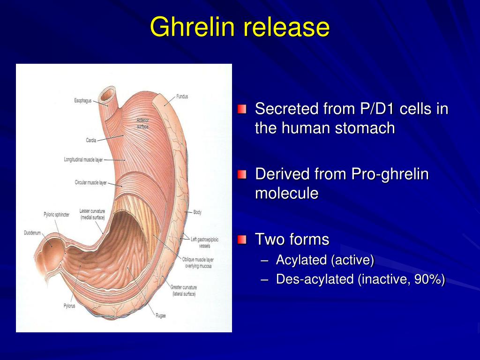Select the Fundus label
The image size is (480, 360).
pos(182,97)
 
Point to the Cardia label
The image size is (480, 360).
pos(91,140)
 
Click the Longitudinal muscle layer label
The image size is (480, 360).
pos(83,160)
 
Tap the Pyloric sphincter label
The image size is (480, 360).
pos(56,215)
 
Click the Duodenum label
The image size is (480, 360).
pos(33,232)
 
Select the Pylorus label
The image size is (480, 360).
pos(69,306)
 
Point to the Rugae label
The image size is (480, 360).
pos(160,315)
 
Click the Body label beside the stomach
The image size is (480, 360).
pos(197,212)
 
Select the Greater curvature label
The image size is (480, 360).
pos(184,290)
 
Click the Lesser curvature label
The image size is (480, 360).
pos(92,214)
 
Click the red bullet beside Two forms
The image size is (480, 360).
pos(241,240)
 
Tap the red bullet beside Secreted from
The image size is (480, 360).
pos(241,110)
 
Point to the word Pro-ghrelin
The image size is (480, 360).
pos(390,174)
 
